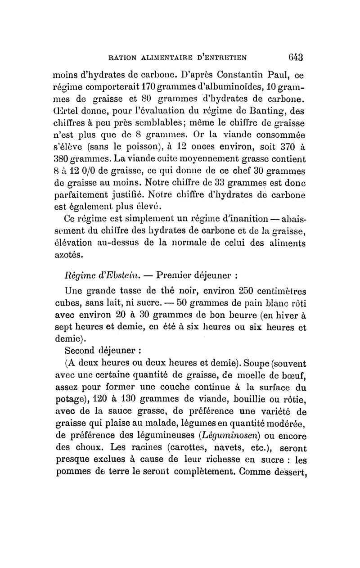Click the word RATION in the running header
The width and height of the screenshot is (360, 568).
[120, 58]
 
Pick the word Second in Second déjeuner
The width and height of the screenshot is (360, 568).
[80, 350]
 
